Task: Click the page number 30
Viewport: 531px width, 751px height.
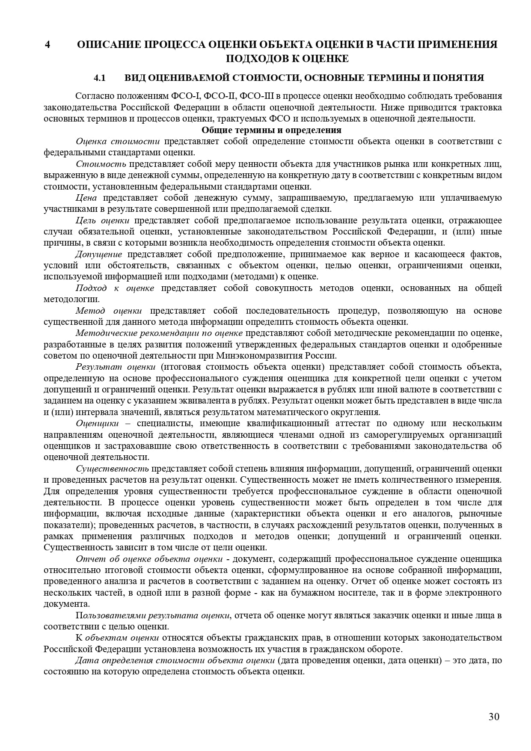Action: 494,717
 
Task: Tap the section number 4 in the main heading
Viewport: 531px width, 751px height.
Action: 48,45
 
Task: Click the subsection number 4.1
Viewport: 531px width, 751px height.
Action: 99,78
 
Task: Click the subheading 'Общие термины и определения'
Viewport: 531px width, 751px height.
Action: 271,130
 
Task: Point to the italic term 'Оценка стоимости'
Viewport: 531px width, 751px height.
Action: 118,141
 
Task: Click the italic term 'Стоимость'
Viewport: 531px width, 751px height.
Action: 101,164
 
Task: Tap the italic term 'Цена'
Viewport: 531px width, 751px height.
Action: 86,198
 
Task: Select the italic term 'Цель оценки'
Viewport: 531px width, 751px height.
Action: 102,220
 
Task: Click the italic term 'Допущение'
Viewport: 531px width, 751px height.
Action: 100,254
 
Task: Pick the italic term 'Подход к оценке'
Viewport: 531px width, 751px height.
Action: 115,288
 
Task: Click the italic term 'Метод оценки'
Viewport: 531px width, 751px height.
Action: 109,311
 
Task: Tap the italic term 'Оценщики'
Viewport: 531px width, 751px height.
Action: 97,423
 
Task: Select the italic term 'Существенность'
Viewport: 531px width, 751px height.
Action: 112,468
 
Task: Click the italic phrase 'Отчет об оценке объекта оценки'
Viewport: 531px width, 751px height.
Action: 149,559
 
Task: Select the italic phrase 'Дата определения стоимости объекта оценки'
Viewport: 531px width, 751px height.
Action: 175,660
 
